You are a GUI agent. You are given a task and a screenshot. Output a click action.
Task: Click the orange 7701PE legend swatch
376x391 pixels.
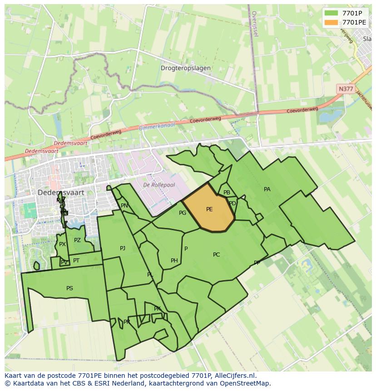coord(331,22)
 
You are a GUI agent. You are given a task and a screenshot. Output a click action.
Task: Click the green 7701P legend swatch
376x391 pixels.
coord(331,13)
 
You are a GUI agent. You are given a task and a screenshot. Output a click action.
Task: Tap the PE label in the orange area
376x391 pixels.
coord(209,209)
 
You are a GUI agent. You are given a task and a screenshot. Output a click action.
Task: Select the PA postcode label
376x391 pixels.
coord(267,189)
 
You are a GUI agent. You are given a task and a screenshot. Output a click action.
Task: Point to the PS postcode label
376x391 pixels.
coord(69,288)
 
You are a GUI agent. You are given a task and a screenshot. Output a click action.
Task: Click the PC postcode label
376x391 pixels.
coord(216,255)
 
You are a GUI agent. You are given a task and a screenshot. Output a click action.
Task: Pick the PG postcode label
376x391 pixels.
coord(183,213)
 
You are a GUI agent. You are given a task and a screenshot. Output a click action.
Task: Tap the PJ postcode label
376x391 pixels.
coord(123,248)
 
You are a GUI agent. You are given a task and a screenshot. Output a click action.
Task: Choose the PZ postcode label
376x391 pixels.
coord(77,240)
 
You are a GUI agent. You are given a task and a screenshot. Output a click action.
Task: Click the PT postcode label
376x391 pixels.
coord(76,261)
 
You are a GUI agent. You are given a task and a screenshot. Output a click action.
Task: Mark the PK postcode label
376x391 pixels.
coord(157,309)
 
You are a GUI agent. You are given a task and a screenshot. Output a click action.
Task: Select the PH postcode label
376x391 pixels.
coord(174,261)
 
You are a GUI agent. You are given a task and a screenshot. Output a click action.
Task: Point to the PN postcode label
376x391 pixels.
coord(124,206)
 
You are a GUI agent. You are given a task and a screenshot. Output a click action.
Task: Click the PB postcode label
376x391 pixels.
coord(227,193)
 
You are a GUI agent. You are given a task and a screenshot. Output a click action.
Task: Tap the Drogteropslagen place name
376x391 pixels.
coord(186,68)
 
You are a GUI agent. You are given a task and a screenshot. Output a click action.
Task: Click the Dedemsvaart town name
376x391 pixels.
coord(61,193)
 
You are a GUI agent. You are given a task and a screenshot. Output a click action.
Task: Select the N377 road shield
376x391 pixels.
coord(346,89)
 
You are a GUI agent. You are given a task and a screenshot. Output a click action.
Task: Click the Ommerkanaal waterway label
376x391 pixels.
coord(157,127)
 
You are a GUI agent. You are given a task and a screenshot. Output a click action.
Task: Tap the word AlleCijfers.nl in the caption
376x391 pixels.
coord(235,376)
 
